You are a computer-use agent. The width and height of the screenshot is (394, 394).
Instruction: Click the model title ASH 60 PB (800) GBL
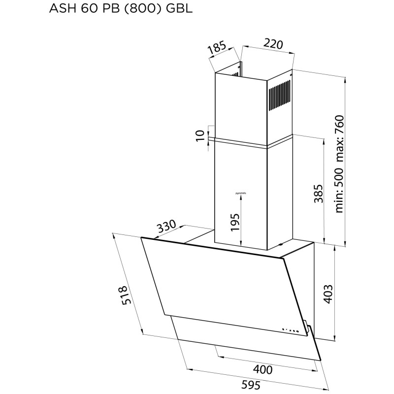(110, 9)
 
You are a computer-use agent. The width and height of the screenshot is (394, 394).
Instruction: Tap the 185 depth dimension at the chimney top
(216, 49)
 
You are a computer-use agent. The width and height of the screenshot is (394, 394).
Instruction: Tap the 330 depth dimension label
(167, 228)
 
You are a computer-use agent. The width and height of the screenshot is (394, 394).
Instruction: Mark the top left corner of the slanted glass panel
(142, 238)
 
